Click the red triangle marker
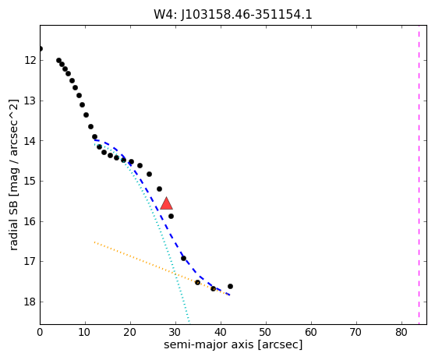167,203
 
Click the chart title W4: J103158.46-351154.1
233,15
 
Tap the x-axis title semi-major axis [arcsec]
233,344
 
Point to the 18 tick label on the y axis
30,302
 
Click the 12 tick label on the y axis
30,60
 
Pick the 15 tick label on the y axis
30,181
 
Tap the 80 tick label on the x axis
401,332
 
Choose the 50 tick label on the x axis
266,332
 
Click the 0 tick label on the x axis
40,332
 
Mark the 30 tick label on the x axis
175,332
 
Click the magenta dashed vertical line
419,175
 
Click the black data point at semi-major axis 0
41,49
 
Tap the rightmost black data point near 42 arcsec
230,287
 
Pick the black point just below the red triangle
172,216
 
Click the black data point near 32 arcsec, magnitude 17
183,258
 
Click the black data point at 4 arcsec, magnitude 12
58,61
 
